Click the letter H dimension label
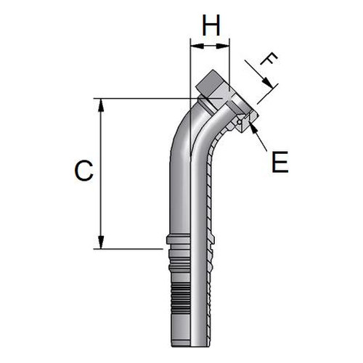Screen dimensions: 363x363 (211, 25)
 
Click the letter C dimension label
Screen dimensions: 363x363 (83, 171)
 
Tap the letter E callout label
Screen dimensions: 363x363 (280, 162)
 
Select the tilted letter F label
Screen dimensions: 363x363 (269, 60)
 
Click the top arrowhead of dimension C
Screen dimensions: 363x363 (101, 105)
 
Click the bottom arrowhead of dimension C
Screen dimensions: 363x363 (101, 242)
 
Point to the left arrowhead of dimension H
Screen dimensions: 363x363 (197, 46)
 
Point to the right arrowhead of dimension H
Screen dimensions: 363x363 (222, 46)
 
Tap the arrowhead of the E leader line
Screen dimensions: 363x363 (253, 129)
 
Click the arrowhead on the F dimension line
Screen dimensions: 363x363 (268, 82)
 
